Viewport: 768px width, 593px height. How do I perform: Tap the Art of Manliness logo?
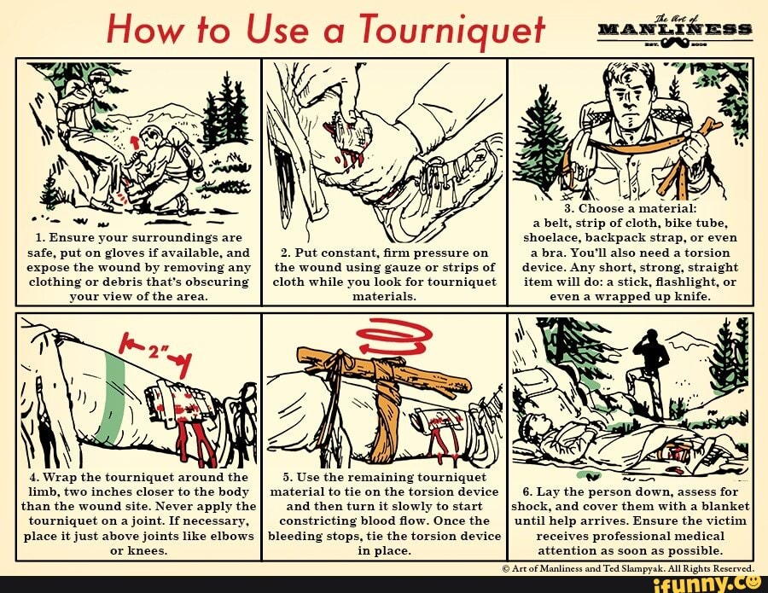675,32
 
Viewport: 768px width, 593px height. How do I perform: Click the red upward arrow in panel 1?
134,142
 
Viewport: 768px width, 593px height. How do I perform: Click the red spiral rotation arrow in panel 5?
394,336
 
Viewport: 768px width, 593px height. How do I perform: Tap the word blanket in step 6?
727,506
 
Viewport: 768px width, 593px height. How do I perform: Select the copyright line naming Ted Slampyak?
628,568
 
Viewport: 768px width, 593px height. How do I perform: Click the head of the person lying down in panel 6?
535,425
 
